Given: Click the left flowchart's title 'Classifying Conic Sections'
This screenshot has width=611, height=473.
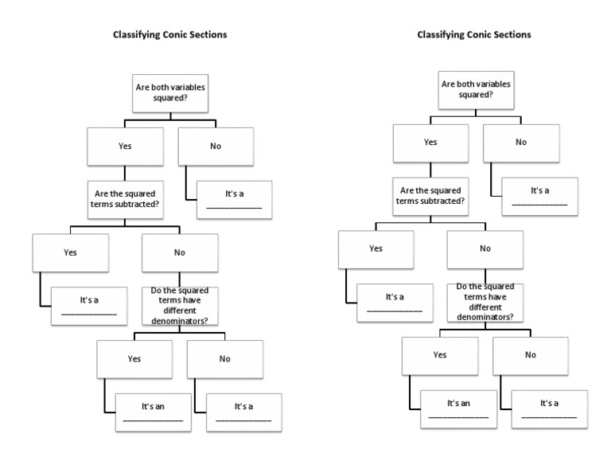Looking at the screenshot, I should [x=169, y=35].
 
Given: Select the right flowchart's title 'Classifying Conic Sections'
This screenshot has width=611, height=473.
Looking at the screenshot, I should [x=474, y=35].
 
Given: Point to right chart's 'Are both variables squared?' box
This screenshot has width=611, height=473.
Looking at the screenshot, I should [x=476, y=89].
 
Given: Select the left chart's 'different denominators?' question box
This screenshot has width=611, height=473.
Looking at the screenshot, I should [x=180, y=307].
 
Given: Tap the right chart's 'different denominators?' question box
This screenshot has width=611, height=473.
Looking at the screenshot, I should [x=485, y=302].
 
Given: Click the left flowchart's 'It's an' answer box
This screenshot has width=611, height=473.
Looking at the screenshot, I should [x=153, y=412].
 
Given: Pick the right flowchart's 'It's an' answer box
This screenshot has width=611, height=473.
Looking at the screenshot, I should [x=458, y=408].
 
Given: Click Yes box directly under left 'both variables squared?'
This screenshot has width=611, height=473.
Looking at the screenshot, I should [x=125, y=146].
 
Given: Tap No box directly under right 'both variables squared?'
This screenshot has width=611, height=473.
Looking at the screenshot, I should [x=521, y=143].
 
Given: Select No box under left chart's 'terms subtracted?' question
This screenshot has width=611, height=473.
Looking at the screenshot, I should [x=180, y=252].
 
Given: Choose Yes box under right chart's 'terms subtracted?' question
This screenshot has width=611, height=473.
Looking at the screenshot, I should [x=376, y=249].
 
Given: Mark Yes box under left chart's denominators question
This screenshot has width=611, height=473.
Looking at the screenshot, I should [x=134, y=359].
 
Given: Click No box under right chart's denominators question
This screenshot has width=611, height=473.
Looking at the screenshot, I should [x=531, y=355].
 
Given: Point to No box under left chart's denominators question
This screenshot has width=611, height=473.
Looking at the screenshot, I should [x=225, y=359].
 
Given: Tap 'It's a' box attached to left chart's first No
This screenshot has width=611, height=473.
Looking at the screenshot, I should [x=234, y=199].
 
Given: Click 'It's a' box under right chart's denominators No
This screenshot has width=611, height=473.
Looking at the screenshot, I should [x=549, y=408].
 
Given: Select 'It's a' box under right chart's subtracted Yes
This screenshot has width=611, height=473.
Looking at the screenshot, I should [x=395, y=302].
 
